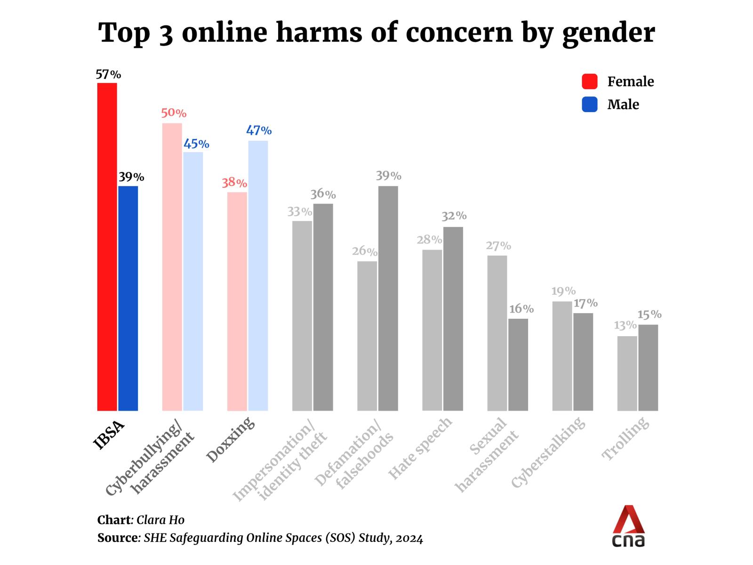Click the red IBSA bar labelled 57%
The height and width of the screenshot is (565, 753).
pyautogui.click(x=107, y=247)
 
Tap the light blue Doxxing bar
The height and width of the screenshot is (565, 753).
pyautogui.click(x=258, y=275)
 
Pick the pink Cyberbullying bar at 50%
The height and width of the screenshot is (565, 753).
pyautogui.click(x=172, y=267)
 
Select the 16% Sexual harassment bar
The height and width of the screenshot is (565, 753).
pyautogui.click(x=518, y=364)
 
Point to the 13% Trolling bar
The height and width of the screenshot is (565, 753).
pyautogui.click(x=627, y=373)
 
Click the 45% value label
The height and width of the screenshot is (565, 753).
pyautogui.click(x=196, y=144)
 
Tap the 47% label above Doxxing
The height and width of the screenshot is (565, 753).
pyautogui.click(x=259, y=130)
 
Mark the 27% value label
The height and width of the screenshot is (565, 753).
pyautogui.click(x=498, y=246)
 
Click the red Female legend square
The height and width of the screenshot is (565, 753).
pyautogui.click(x=590, y=81)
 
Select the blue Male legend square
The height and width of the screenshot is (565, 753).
pyautogui.click(x=590, y=104)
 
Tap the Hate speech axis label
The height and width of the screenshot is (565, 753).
pyautogui.click(x=420, y=448)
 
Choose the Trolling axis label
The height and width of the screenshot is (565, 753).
pyautogui.click(x=626, y=439)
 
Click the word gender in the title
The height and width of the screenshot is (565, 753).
pyautogui.click(x=609, y=33)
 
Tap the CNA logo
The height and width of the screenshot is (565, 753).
pyautogui.click(x=628, y=526)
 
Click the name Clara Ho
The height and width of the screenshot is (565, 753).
pyautogui.click(x=160, y=520)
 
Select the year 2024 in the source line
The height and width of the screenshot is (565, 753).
pyautogui.click(x=409, y=538)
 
